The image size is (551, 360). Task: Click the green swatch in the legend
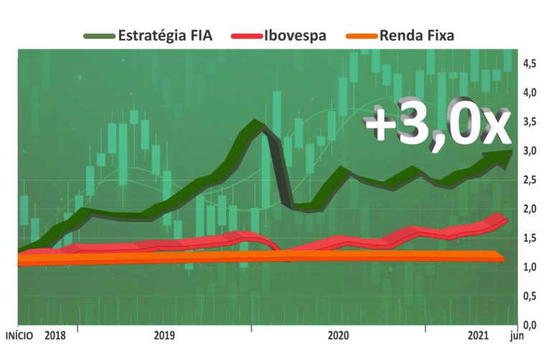[x=98, y=34]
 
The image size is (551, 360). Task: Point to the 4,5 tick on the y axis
[x=529, y=64]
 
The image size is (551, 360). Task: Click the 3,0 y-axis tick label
[x=529, y=151]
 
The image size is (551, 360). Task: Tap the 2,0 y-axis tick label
[x=529, y=209]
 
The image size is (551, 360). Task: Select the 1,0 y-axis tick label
[x=529, y=267]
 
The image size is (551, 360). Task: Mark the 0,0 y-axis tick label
[x=529, y=324]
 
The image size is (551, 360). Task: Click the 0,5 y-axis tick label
[x=529, y=295]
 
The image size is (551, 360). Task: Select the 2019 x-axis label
[x=164, y=335]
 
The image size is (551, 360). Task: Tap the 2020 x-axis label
[x=338, y=335]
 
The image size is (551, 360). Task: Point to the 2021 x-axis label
[x=478, y=335]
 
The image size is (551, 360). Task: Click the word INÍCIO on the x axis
[x=22, y=335]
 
